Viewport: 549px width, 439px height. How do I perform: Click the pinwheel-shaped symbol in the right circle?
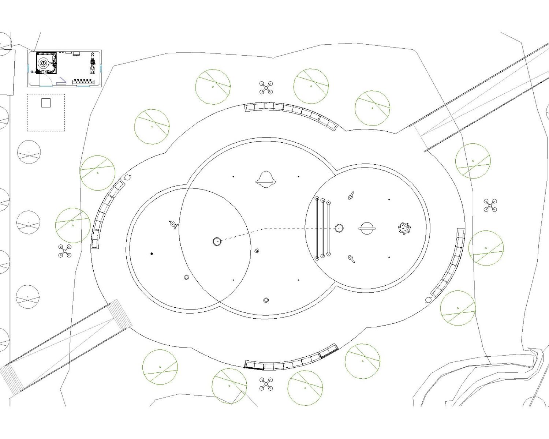404,228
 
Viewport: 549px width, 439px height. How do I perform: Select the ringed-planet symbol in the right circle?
366,228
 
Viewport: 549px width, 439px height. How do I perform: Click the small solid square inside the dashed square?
46,103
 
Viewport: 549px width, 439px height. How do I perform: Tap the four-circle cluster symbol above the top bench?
266,88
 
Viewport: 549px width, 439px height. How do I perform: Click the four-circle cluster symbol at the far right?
490,206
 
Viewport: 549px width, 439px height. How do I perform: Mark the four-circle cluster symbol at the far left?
65,251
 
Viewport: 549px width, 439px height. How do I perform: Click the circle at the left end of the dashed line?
217,241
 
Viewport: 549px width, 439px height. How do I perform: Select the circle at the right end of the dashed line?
339,228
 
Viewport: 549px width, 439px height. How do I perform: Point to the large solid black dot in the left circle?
152,254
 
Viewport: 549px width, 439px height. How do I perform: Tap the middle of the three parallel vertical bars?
323,228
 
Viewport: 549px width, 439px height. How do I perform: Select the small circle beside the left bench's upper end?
127,177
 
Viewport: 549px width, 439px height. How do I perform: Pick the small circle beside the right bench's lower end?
428,300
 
